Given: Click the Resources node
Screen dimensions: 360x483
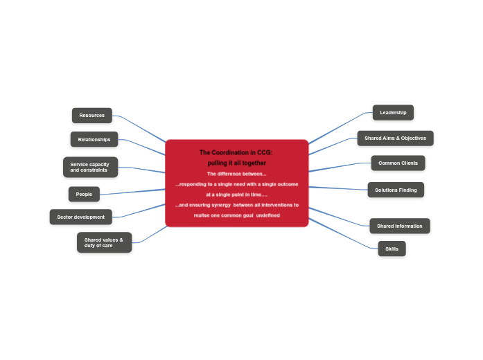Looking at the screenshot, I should click(x=91, y=116).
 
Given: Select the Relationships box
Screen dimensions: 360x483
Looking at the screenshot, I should click(x=94, y=139).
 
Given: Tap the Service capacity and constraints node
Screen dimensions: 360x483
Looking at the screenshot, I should click(x=90, y=167).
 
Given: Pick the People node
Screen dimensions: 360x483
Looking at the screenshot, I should click(x=84, y=194).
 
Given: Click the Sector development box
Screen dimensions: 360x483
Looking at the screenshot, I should click(x=80, y=217).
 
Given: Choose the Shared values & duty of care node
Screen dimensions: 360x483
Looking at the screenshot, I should click(x=104, y=242).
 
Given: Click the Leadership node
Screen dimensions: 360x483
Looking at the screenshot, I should click(x=393, y=112).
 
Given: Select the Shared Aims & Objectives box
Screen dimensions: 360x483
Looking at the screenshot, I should click(x=395, y=138).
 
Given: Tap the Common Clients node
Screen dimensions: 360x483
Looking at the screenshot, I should click(x=398, y=163).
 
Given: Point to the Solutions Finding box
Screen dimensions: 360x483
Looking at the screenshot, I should click(x=396, y=190).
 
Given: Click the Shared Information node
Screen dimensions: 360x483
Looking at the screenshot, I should click(x=400, y=226).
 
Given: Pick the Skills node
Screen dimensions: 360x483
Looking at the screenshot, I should click(x=392, y=249).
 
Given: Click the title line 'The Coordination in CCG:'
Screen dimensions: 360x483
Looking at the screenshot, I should click(x=236, y=152).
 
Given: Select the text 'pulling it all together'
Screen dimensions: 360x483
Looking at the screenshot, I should click(x=236, y=163).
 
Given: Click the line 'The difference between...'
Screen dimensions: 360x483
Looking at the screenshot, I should click(x=236, y=174).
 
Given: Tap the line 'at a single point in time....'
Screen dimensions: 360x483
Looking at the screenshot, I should click(x=236, y=195).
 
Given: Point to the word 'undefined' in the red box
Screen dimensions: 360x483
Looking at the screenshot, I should click(x=268, y=215).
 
